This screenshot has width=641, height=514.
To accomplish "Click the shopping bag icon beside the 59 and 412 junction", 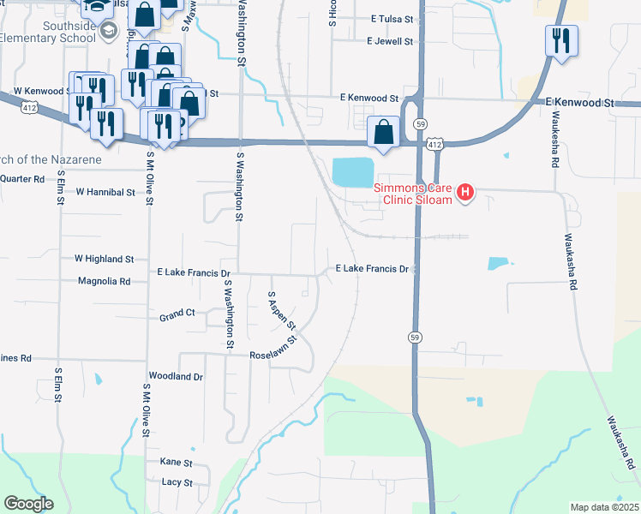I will coord(383,132).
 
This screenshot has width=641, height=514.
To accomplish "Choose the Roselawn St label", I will coord(273,354).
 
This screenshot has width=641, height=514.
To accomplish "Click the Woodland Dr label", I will coord(175,376).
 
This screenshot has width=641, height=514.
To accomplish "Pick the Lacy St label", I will coord(177,482).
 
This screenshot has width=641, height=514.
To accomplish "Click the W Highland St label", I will coord(105,258).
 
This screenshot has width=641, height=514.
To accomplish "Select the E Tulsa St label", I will coord(392,19).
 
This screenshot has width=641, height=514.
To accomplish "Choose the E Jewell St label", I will coord(389,40).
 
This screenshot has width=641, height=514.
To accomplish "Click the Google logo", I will coord(27,504).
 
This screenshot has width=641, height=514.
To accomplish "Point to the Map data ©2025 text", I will coord(604,507).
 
